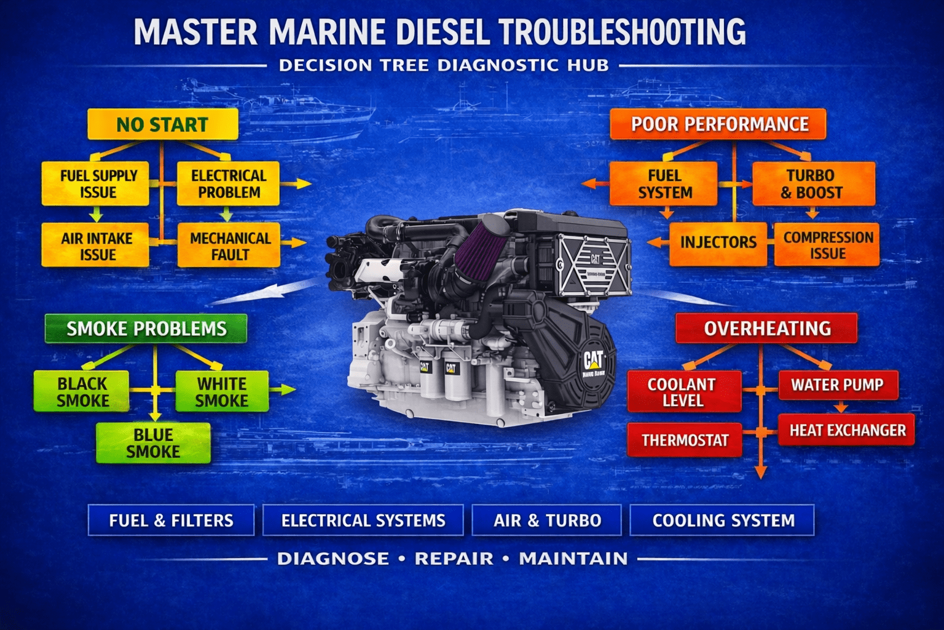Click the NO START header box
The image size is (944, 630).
tap(162, 124)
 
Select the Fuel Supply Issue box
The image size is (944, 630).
tap(96, 183)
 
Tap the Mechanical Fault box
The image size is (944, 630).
tap(229, 245)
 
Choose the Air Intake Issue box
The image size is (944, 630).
tap(96, 245)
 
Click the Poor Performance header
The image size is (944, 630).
tap(718, 124)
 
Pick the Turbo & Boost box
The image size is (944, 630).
tap(812, 183)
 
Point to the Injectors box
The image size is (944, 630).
tap(718, 242)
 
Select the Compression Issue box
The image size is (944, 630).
tap(827, 245)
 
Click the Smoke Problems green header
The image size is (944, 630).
tap(146, 329)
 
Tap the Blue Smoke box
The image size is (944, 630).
tap(153, 443)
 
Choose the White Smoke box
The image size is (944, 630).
tap(222, 392)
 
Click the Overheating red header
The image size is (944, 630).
tap(766, 329)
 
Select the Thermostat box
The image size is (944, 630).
tap(685, 441)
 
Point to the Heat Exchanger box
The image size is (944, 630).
tap(847, 430)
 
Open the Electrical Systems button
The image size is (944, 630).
tap(363, 520)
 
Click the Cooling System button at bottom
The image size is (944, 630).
tap(723, 520)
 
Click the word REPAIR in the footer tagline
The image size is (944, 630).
tap(454, 559)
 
